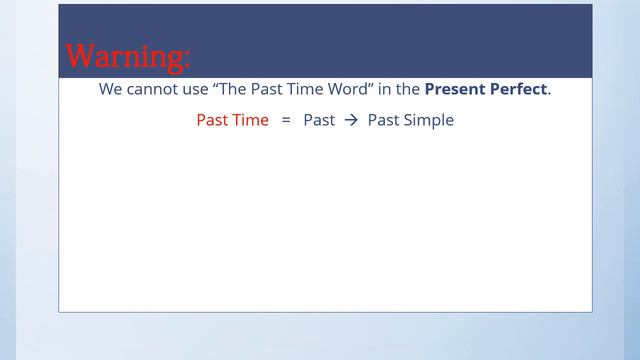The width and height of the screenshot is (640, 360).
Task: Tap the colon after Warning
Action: pos(185,58)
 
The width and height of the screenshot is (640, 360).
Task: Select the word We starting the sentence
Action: pos(110,89)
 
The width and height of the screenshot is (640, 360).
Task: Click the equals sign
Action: pos(285,120)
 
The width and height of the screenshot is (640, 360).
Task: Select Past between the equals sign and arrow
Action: pos(319,120)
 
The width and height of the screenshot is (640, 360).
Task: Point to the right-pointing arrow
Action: pos(350,120)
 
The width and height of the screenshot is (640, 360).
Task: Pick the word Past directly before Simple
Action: pos(383,120)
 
